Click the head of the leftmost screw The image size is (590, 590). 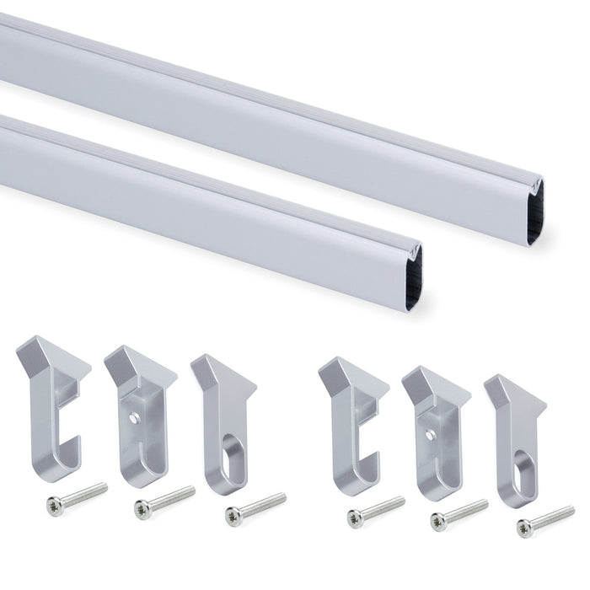[56, 507]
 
